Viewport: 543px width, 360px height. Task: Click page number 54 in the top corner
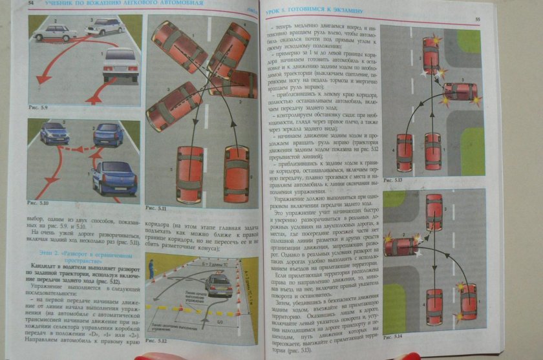(31, 4)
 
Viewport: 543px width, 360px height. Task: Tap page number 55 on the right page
(477, 20)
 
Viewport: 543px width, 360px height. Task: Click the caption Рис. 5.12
(158, 340)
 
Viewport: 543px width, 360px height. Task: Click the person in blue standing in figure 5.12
(151, 266)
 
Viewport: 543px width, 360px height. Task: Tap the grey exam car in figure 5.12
(218, 284)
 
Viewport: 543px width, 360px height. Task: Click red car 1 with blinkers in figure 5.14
(468, 301)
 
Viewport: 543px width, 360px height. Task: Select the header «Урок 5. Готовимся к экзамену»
(317, 11)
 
